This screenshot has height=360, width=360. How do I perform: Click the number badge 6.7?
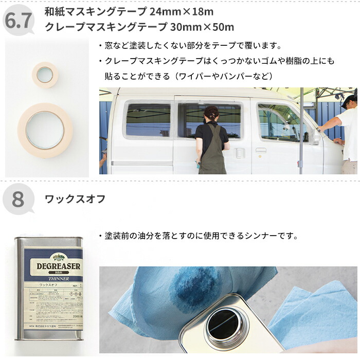[19, 20]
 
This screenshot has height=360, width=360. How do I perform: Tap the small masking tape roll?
[45, 75]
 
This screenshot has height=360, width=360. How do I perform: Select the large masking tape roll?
[45, 130]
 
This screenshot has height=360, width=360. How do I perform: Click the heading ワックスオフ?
[75, 199]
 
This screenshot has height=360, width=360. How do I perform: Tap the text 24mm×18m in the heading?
[181, 11]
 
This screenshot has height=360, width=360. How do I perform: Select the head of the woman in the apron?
[211, 113]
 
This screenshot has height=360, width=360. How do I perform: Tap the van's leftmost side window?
[148, 120]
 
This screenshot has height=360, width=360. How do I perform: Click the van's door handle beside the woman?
[240, 153]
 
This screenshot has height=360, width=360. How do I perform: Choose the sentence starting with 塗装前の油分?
[198, 236]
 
